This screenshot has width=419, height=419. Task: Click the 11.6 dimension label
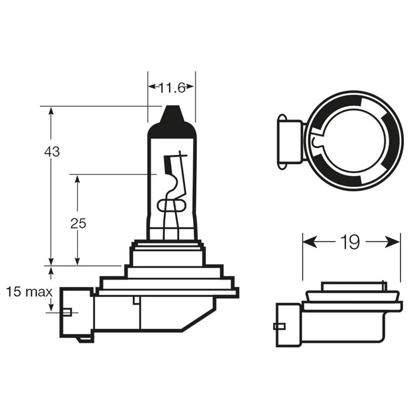[x=172, y=87]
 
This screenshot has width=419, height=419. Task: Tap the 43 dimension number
[x=52, y=152]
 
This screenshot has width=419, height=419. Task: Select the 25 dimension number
[x=78, y=224]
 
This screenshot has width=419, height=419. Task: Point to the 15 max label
[x=29, y=292]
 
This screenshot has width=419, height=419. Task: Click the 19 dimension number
[x=350, y=242]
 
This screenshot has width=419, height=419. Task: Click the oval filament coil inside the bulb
[x=171, y=205]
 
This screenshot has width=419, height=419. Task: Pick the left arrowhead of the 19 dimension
[x=310, y=242]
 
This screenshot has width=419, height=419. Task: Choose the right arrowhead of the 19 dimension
[x=393, y=242]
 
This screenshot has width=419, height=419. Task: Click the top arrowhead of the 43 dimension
[x=51, y=112]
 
